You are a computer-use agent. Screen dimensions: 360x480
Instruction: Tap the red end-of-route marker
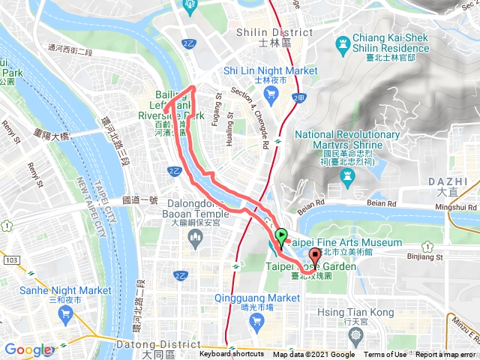click(x=314, y=266)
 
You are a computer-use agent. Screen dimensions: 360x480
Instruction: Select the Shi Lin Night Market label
click(x=271, y=70)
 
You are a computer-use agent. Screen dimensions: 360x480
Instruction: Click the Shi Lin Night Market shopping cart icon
click(x=271, y=94)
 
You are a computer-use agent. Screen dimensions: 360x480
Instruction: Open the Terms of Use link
click(x=385, y=355)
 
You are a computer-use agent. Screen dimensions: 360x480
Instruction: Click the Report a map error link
click(x=447, y=355)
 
